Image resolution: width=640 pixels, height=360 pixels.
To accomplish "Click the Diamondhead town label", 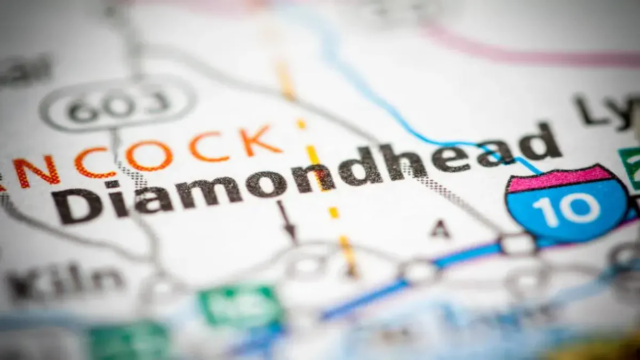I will point(304,173).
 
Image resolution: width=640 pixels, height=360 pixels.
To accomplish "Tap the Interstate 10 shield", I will point(567,203).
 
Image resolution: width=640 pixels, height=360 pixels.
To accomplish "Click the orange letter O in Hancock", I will point(149,156).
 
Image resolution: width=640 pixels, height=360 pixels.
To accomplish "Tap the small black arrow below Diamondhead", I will point(287,221).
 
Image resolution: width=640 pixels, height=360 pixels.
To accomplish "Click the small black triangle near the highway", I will point(441,230).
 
